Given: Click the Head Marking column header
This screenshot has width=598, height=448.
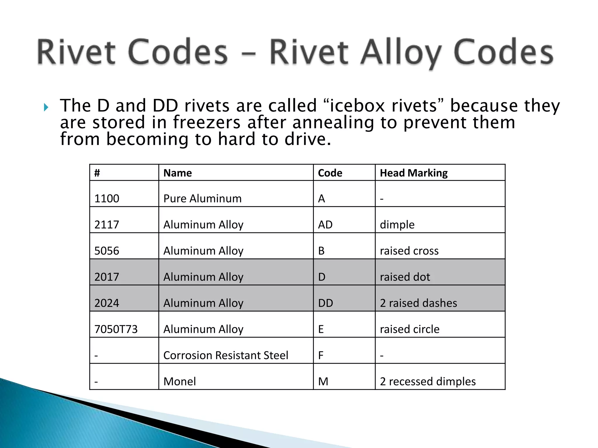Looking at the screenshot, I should (x=413, y=173).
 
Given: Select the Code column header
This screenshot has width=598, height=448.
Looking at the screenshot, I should (x=330, y=173).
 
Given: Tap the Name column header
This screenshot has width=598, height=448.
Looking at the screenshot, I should (x=178, y=173).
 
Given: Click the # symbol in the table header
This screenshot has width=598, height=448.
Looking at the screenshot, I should (x=97, y=173).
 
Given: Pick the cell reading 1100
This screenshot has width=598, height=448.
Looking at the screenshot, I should (x=107, y=199).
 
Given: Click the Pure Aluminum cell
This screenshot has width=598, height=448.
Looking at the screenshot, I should (x=202, y=199).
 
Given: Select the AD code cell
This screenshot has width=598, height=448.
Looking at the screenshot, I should (x=325, y=225).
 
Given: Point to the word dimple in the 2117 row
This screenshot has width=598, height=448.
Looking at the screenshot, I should (x=397, y=225).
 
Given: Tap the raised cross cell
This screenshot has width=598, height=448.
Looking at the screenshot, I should (x=409, y=251).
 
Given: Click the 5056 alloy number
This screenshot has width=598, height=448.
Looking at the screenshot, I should (x=107, y=251).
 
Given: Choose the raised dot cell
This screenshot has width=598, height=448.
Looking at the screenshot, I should (x=405, y=277).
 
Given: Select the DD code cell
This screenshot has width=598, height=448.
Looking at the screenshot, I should (x=326, y=303).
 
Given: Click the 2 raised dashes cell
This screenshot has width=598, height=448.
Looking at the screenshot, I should (x=418, y=303).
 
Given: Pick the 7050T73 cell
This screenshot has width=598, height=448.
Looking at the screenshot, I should (x=116, y=329).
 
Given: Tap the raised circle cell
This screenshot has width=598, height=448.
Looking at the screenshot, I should (x=410, y=329).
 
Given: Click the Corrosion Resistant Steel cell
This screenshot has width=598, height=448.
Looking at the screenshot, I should (x=226, y=355).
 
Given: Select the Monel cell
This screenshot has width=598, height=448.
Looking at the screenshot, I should (x=180, y=381).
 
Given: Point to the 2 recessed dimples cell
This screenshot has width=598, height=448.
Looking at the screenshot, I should (x=428, y=381).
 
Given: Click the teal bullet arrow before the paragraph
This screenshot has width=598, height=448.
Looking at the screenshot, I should (x=46, y=108).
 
